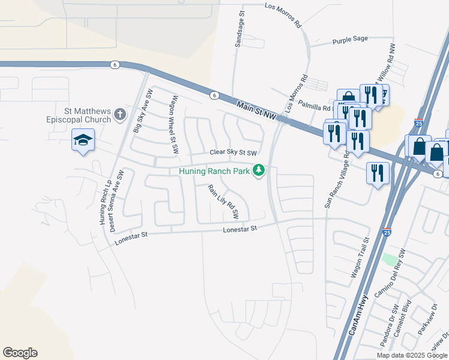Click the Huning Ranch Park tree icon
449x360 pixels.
[259, 172]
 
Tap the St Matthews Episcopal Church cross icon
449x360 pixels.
[119, 114]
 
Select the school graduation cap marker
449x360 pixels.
[83, 140]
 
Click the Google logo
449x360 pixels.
[20, 353]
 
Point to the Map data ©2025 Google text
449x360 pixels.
[411, 355]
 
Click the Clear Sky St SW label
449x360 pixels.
[233, 152]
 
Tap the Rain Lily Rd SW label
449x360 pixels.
[223, 201]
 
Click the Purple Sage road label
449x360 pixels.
[350, 40]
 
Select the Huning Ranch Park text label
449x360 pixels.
[214, 171]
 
